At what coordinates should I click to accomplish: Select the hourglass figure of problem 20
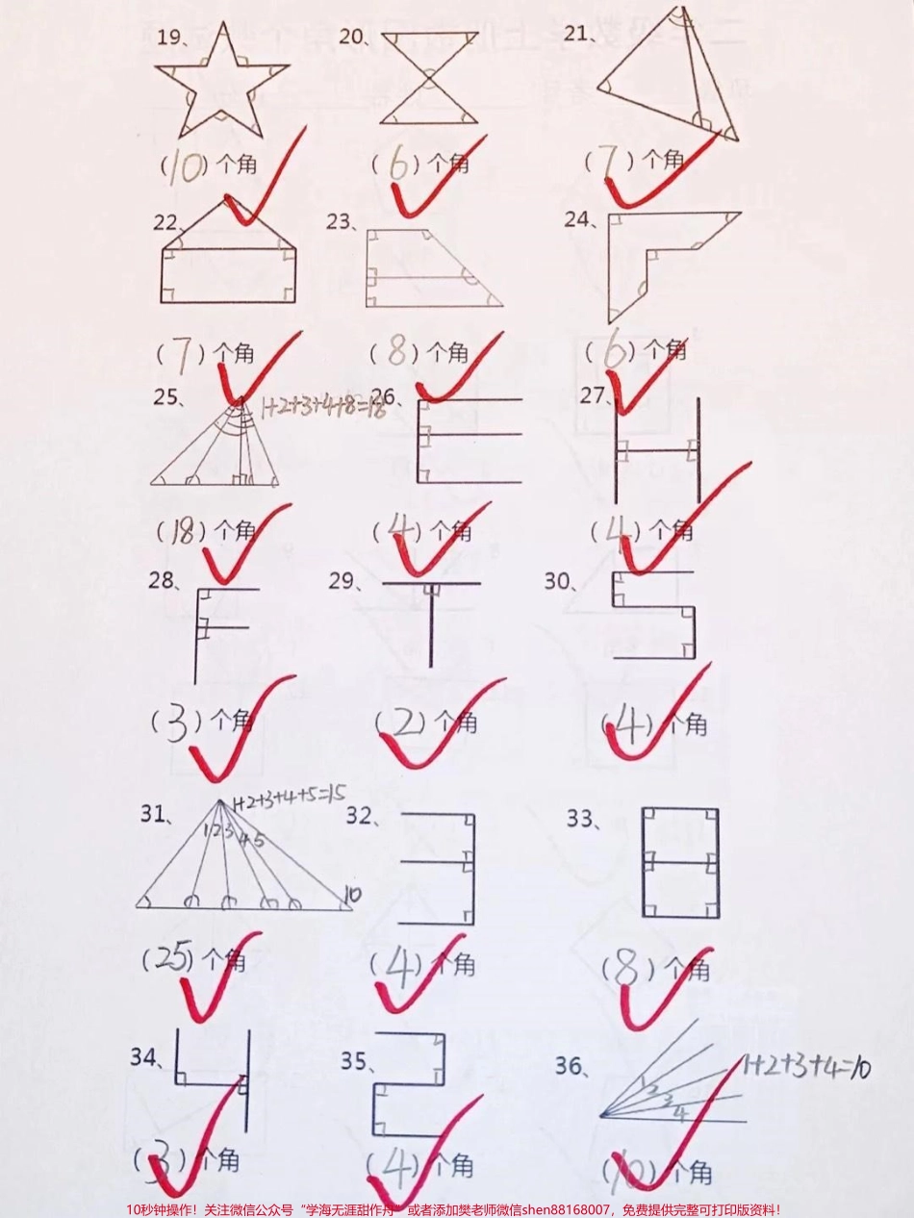click(429, 78)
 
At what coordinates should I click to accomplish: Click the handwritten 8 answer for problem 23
click(395, 353)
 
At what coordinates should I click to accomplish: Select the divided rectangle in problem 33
click(680, 862)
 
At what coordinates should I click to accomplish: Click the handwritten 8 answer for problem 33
click(626, 969)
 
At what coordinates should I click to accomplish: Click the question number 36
click(571, 1065)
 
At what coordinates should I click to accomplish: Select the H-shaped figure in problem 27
click(656, 451)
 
